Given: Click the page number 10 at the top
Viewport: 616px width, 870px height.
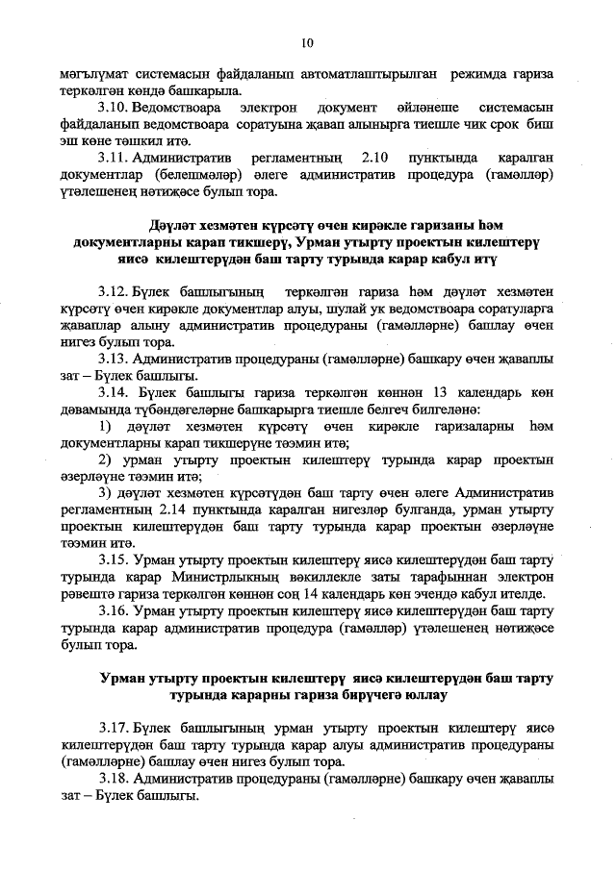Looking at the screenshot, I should point(307,42).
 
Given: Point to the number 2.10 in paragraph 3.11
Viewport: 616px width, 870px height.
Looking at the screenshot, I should point(370,155).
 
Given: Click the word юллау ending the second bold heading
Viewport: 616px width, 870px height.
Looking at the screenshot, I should point(423,696).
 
